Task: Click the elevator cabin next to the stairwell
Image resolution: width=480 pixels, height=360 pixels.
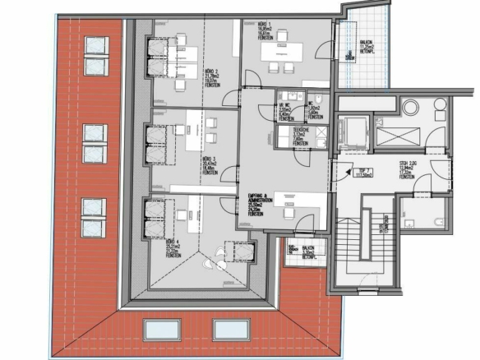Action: coord(354,130)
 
